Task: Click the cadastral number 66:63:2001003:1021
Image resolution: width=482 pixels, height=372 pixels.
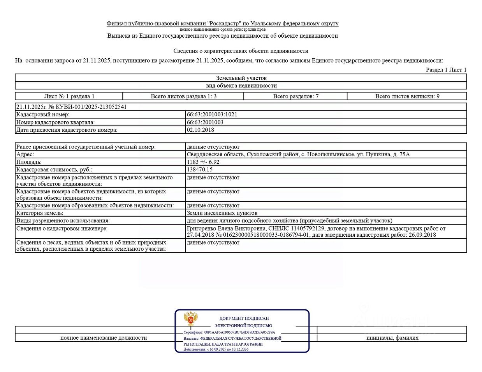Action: pyautogui.click(x=212, y=115)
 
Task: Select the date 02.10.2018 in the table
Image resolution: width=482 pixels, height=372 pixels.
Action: pyautogui.click(x=200, y=130)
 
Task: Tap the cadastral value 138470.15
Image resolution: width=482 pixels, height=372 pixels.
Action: pyautogui.click(x=200, y=169)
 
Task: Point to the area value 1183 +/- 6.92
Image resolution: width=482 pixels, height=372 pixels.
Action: pyautogui.click(x=203, y=162)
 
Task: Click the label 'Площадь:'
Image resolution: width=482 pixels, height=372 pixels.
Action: pyautogui.click(x=29, y=162)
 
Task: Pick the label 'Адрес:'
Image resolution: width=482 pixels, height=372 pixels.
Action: pyautogui.click(x=25, y=154)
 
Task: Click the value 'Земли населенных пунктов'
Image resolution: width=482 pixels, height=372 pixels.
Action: pyautogui.click(x=222, y=213)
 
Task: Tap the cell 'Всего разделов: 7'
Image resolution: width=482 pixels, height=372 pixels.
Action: pyautogui.click(x=296, y=96)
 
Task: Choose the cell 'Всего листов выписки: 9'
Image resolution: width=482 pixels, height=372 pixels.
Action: pyautogui.click(x=407, y=96)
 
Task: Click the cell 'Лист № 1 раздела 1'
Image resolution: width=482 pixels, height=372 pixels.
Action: pyautogui.click(x=69, y=96)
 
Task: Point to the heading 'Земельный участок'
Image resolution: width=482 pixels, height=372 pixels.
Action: pyautogui.click(x=241, y=78)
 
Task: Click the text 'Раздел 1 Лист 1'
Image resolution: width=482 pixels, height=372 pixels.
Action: pyautogui.click(x=446, y=70)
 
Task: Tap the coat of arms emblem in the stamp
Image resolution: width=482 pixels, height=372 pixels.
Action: pyautogui.click(x=191, y=319)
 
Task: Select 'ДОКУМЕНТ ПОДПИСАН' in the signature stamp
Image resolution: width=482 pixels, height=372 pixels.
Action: pyautogui.click(x=244, y=318)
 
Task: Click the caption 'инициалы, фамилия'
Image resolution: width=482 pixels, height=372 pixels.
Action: pyautogui.click(x=392, y=338)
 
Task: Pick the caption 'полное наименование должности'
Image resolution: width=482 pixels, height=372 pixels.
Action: pyautogui.click(x=104, y=338)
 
